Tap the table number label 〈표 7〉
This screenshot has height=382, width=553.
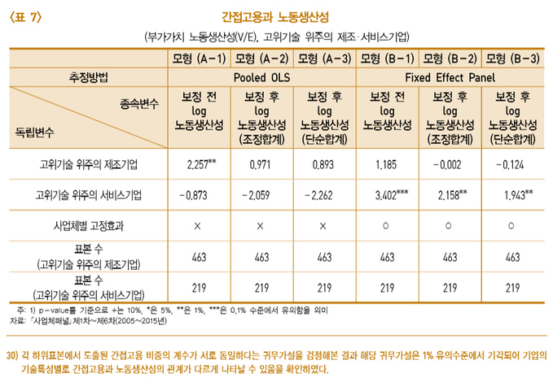25,16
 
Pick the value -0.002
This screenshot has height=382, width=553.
449,164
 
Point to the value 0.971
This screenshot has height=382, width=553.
261,164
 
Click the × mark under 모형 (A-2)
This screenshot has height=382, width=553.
261,225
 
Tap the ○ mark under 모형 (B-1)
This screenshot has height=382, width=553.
386,225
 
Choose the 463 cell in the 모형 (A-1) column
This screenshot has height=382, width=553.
199,256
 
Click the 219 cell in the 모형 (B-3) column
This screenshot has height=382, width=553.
513,287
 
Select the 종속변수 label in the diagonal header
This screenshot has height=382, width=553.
144,104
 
